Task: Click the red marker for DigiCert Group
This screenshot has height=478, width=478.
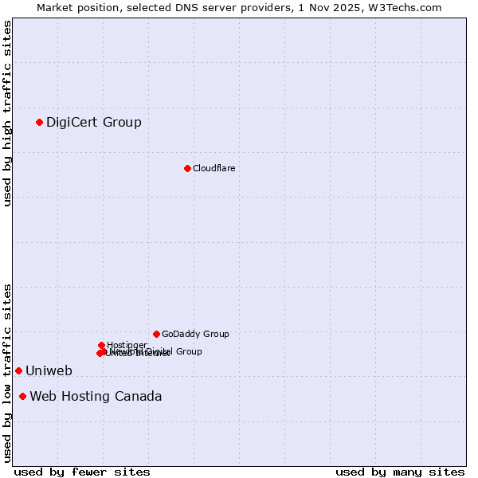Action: coord(39,122)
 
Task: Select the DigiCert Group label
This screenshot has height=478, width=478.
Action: coord(94,122)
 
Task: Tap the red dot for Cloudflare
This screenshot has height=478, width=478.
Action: coord(187,168)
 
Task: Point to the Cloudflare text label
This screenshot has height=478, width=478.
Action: coord(214,168)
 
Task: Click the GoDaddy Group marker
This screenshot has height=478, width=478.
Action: coord(156,334)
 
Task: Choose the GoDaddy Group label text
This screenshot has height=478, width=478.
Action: coord(195,334)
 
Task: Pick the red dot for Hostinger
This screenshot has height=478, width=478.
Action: coord(102,345)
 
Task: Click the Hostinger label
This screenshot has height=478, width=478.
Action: coord(127,345)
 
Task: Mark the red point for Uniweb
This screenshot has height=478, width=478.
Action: coord(18,370)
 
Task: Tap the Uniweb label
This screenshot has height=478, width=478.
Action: coord(49,370)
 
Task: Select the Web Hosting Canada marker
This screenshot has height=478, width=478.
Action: coord(22,396)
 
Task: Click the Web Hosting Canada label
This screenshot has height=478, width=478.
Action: coord(96,396)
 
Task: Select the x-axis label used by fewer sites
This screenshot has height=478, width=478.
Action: coord(82,472)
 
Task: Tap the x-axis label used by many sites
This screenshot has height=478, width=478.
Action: coord(400,472)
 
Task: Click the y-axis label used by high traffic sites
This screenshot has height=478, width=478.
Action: coord(7,113)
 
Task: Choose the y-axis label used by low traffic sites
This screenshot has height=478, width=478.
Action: coord(7,373)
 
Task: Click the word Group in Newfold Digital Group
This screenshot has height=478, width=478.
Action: coord(188,351)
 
